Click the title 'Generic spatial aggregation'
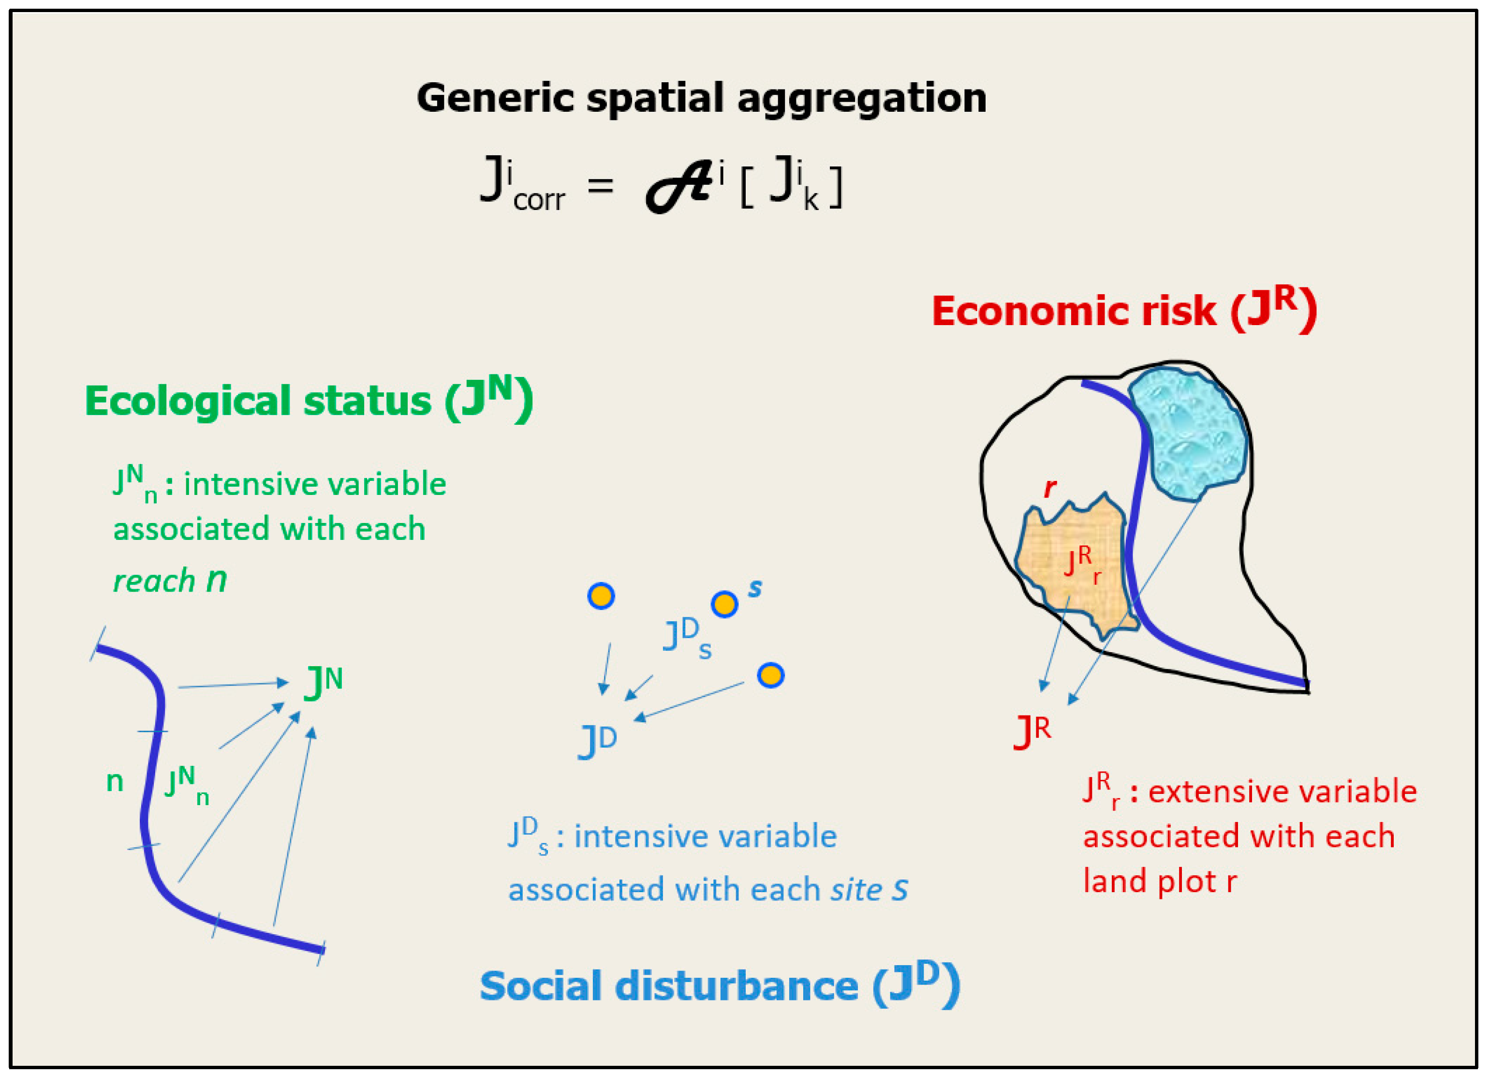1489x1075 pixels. [x=701, y=99]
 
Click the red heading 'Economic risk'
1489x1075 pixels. [x=1074, y=311]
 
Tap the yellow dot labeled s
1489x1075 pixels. [x=724, y=603]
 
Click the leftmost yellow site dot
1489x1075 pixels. [x=601, y=596]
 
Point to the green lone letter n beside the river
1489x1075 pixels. [x=115, y=781]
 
